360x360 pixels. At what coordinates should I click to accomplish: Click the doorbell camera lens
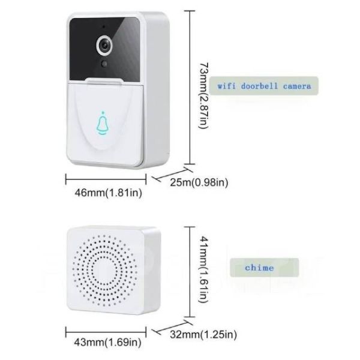pyautogui.click(x=105, y=46)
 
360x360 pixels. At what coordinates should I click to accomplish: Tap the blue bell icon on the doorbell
pyautogui.click(x=103, y=123)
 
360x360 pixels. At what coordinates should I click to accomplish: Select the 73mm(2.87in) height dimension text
pyautogui.click(x=204, y=96)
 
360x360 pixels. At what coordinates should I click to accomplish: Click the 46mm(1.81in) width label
pyautogui.click(x=109, y=193)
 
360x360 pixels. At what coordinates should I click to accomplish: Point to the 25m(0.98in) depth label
pyautogui.click(x=199, y=182)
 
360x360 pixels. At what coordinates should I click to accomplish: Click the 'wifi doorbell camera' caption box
pyautogui.click(x=264, y=86)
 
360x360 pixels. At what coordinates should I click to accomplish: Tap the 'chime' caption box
pyautogui.click(x=264, y=268)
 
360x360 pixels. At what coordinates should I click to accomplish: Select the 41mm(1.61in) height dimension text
pyautogui.click(x=204, y=269)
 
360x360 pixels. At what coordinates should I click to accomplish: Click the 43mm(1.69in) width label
pyautogui.click(x=107, y=343)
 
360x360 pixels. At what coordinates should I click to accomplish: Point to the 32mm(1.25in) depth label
pyautogui.click(x=203, y=334)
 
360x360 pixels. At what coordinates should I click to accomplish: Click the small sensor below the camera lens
pyautogui.click(x=104, y=64)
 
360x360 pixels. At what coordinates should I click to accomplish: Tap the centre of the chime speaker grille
pyautogui.click(x=104, y=270)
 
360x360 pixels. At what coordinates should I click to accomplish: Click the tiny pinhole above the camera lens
pyautogui.click(x=104, y=26)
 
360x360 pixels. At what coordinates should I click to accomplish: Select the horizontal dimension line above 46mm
pyautogui.click(x=106, y=179)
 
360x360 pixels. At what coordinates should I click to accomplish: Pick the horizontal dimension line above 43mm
pyautogui.click(x=106, y=332)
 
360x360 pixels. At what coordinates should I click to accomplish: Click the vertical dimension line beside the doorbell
pyautogui.click(x=190, y=88)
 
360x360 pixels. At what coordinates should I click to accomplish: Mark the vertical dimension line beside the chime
pyautogui.click(x=190, y=272)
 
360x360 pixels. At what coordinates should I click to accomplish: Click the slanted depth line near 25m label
pyautogui.click(x=172, y=173)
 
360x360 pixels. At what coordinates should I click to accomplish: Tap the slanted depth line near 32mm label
pyautogui.click(x=171, y=327)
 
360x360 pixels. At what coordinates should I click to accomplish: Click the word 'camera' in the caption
pyautogui.click(x=297, y=86)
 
